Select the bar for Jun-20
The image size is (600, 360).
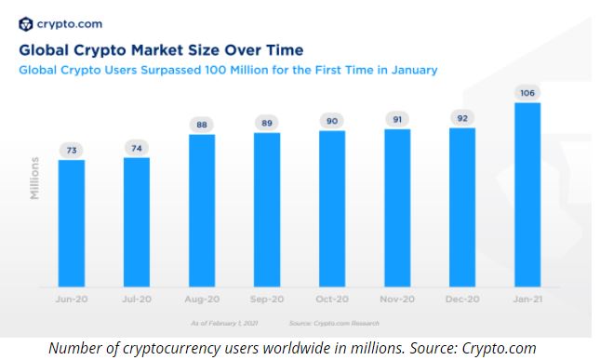click(x=71, y=223)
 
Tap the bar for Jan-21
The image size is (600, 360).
click(x=527, y=195)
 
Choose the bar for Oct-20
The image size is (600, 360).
click(x=332, y=208)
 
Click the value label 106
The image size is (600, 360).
click(x=527, y=92)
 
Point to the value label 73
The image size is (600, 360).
click(x=71, y=150)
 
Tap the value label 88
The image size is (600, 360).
click(x=201, y=124)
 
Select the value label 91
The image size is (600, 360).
click(x=397, y=118)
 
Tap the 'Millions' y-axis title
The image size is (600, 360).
click(x=35, y=177)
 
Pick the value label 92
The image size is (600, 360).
click(x=462, y=117)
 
